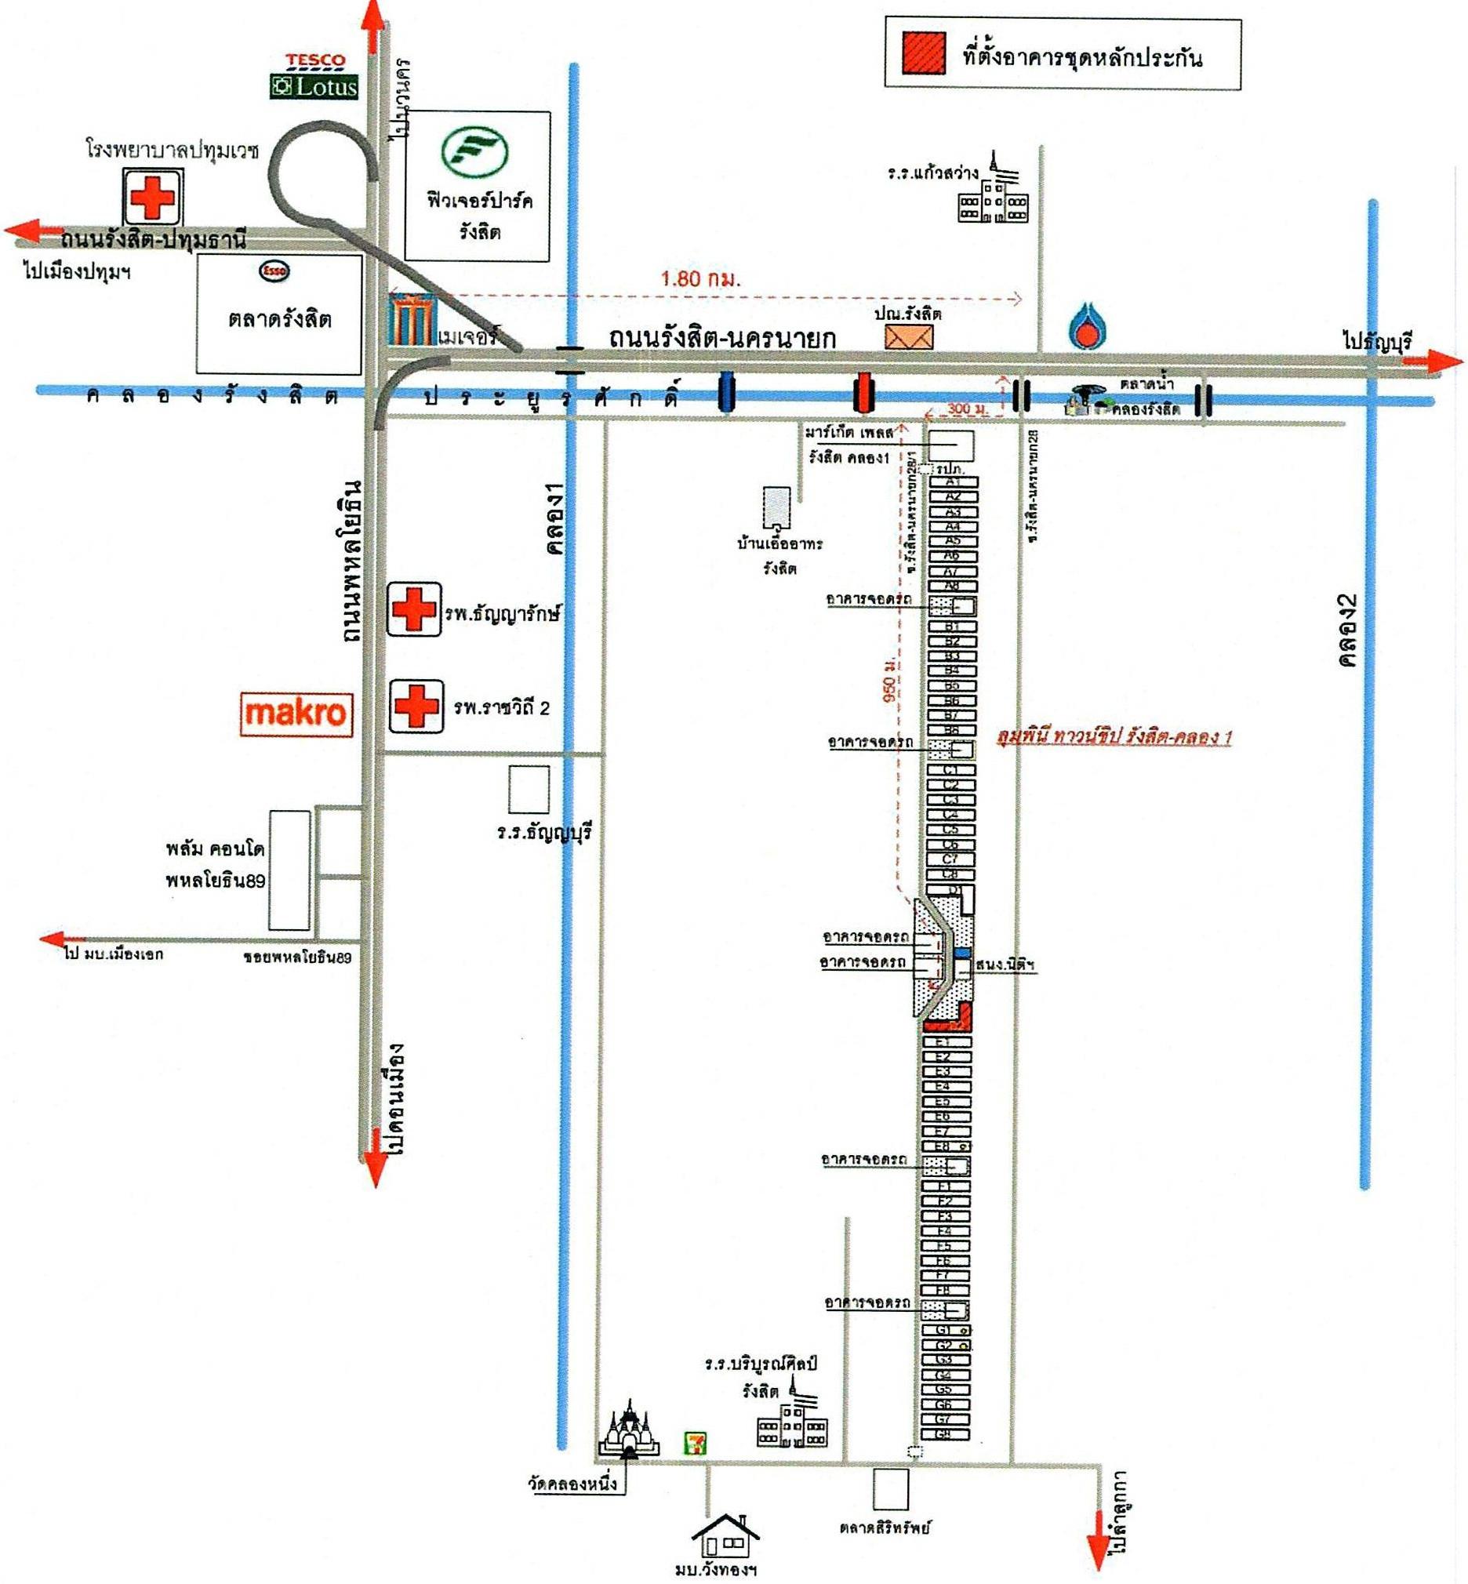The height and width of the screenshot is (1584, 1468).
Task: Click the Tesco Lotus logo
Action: pos(314,76)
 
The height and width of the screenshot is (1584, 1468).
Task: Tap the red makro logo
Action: pos(296,713)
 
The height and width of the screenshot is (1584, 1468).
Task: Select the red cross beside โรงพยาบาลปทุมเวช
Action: pos(152,196)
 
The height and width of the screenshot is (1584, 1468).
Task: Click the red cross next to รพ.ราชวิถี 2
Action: pos(416,706)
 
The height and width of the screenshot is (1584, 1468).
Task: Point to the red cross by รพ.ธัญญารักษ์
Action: pos(414,609)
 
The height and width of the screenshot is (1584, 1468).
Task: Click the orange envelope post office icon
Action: pos(910,337)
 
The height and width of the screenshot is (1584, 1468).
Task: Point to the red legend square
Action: pos(923,53)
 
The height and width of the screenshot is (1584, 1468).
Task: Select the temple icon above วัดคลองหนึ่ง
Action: pos(629,1430)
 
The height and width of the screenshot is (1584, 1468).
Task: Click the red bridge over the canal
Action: pos(863,392)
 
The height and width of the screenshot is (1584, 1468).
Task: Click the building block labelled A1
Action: pos(954,481)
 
